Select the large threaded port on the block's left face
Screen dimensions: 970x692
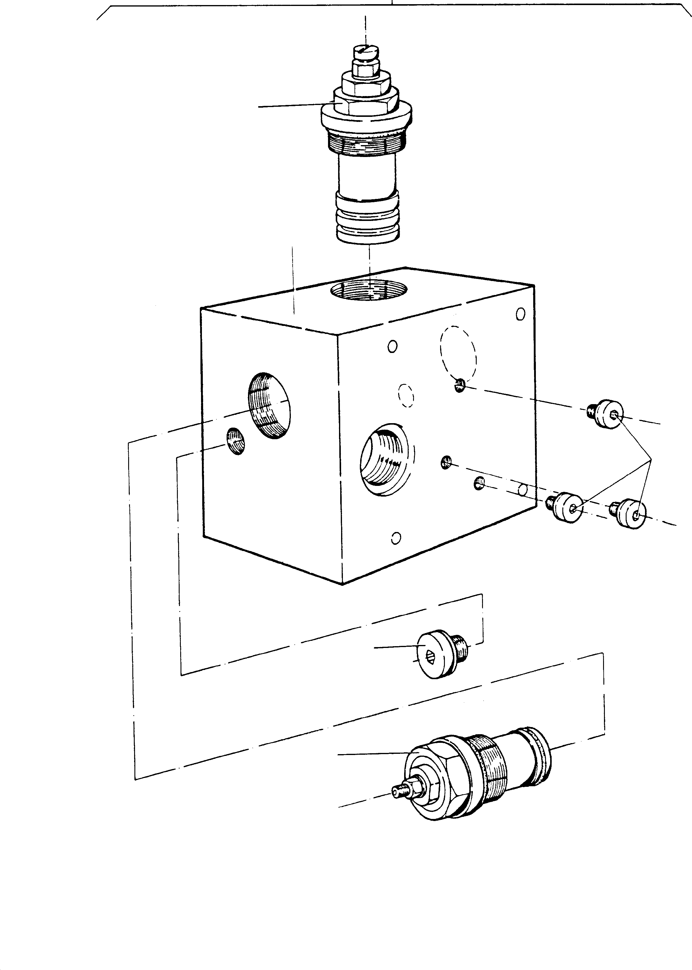[x=269, y=405]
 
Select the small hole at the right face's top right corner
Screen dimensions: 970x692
[x=520, y=314]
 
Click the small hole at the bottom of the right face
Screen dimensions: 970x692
[x=396, y=538]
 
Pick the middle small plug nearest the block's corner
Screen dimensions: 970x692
[x=568, y=506]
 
